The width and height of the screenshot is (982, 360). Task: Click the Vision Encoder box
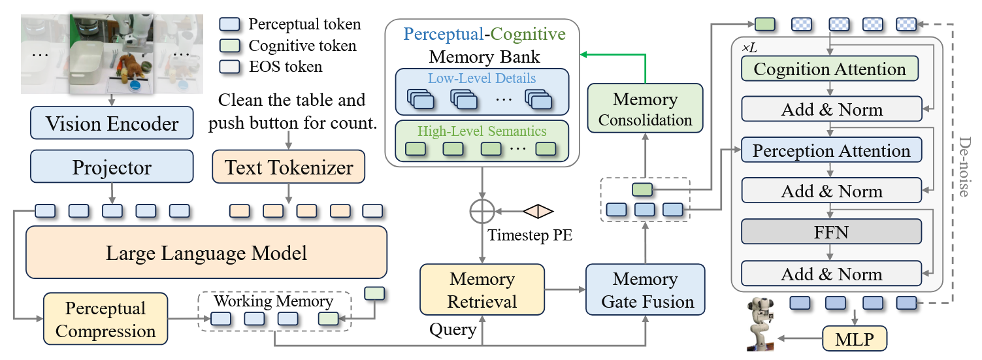112,123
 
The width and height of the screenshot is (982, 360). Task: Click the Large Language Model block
206,252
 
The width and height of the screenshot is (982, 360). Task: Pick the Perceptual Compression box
105,319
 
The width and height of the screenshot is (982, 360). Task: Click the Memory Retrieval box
482,291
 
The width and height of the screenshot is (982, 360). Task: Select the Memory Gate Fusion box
646,291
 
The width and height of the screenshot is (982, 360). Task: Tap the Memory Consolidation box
646,109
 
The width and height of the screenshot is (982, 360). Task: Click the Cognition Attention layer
830,69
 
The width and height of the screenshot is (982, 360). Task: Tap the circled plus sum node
482,212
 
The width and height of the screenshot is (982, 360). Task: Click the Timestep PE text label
530,235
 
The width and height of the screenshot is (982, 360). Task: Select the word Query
452,329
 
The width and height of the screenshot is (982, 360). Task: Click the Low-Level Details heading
482,78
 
